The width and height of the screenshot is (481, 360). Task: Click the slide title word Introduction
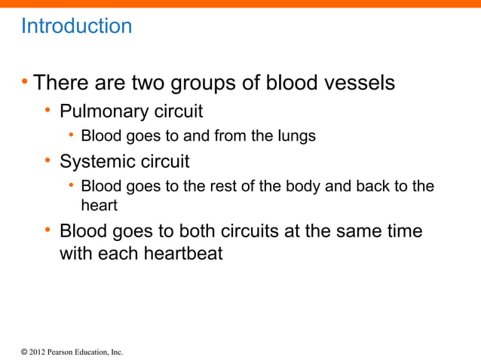click(76, 26)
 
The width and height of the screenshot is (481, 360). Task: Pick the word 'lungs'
click(296, 136)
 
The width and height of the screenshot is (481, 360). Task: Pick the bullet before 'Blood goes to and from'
click(70, 136)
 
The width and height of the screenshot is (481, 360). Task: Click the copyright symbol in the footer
click(23, 352)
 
